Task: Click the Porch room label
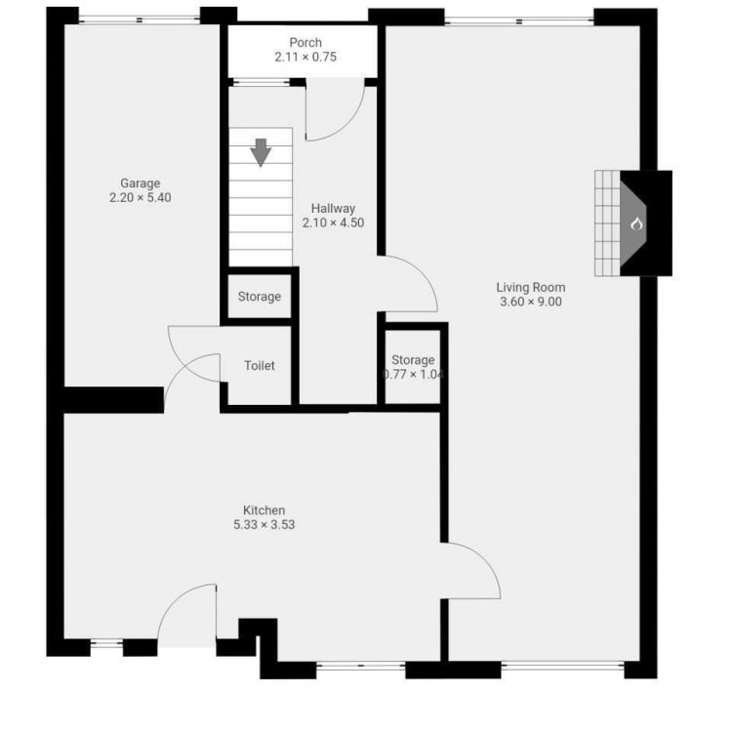(x=305, y=43)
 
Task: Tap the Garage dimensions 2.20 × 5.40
(x=140, y=197)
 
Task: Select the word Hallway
(x=333, y=208)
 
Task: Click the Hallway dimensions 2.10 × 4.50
(x=333, y=223)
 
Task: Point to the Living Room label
(x=531, y=287)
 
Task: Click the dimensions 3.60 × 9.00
(x=531, y=302)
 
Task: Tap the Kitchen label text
(x=264, y=510)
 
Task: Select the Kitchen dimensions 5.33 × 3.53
(x=264, y=525)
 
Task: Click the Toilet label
(x=259, y=366)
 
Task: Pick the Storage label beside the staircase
(x=259, y=297)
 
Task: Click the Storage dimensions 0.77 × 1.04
(x=413, y=375)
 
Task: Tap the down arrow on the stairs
(x=261, y=152)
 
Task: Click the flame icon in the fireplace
(x=635, y=224)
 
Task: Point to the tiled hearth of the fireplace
(x=607, y=224)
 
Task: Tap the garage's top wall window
(x=140, y=20)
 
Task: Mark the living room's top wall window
(x=519, y=20)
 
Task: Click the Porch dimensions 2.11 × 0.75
(x=305, y=57)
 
